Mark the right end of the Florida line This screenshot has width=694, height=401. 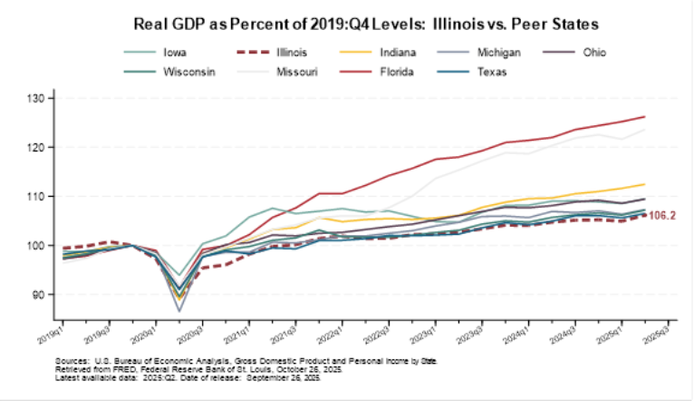(x=644, y=116)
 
